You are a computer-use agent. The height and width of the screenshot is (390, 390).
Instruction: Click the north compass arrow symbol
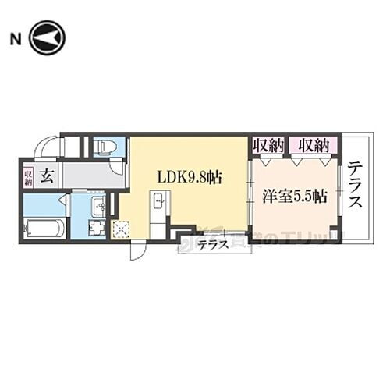coord(46,38)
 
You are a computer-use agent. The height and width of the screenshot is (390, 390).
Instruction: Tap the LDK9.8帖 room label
coord(190,177)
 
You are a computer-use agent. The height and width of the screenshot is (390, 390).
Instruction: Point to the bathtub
coord(44,229)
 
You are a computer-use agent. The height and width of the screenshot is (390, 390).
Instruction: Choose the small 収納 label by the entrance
coord(28,176)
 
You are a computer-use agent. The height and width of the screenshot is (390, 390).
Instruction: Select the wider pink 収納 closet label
coord(312,145)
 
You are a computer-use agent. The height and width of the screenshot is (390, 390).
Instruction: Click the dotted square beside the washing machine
coord(122,229)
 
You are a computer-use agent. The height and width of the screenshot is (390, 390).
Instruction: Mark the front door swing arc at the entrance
coord(46,146)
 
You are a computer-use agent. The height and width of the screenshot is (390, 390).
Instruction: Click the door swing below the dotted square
coord(136,250)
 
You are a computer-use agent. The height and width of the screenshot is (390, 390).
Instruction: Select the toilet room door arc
coord(117,165)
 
